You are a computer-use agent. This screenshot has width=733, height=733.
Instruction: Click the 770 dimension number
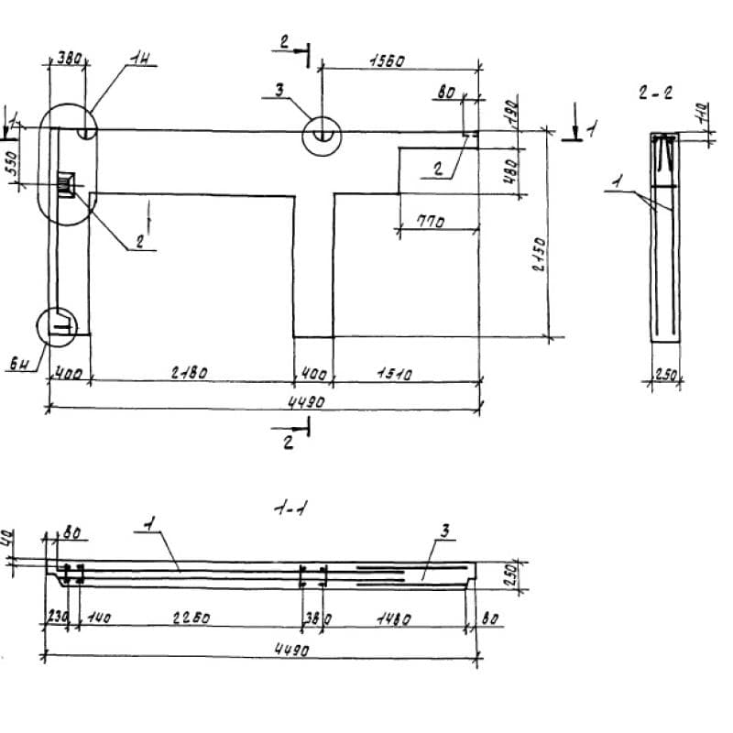(430, 222)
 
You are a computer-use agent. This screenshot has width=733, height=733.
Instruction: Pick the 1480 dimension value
(394, 618)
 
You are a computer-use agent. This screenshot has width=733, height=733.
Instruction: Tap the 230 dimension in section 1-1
(54, 618)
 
